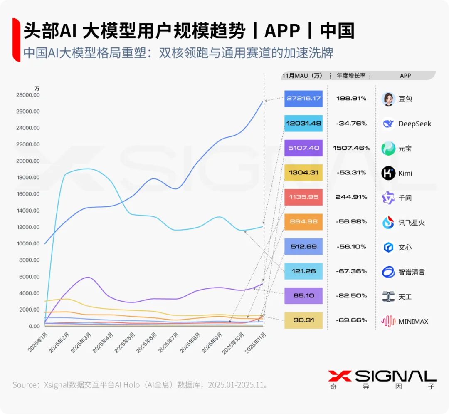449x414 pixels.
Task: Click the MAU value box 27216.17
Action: click(303, 99)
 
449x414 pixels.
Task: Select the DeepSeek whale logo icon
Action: click(388, 124)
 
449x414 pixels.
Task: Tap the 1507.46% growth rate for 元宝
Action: click(351, 148)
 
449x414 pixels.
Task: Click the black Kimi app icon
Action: click(388, 173)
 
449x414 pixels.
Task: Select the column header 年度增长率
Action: click(351, 75)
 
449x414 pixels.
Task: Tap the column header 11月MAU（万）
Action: click(302, 75)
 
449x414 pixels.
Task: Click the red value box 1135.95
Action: click(303, 197)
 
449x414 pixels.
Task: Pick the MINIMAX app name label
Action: click(413, 321)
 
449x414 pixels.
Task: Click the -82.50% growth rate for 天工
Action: click(351, 296)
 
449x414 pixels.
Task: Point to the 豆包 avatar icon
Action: click(388, 99)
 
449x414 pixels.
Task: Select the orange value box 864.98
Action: click(303, 222)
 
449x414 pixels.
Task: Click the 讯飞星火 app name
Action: click(412, 223)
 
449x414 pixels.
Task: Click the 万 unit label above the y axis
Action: click(37, 88)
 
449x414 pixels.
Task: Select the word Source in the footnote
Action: click(26, 384)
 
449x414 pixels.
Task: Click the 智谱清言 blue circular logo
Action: click(388, 272)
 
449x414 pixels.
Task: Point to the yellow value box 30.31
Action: click(303, 320)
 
